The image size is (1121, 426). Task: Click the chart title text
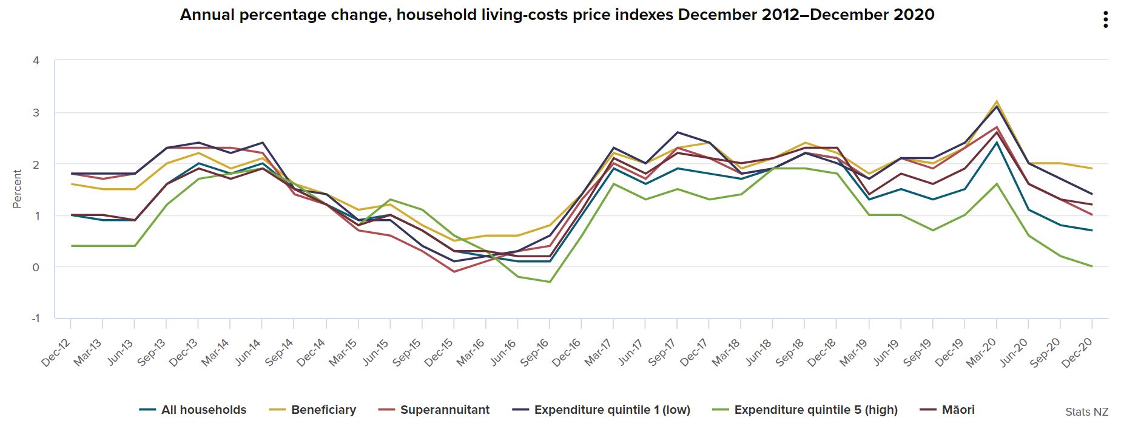[557, 15]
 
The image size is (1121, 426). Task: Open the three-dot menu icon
[1106, 20]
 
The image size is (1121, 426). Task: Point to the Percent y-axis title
[17, 189]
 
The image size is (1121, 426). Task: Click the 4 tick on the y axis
[36, 61]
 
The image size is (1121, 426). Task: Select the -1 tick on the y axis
[35, 319]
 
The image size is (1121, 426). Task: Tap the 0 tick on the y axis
[36, 267]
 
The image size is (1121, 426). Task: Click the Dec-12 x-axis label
[56, 353]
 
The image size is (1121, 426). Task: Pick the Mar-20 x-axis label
[981, 353]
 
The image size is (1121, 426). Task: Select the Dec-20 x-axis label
[1077, 353]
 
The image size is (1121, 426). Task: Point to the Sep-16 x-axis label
[534, 353]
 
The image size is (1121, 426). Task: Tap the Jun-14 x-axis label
[247, 353]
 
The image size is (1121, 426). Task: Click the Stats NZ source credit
[1086, 412]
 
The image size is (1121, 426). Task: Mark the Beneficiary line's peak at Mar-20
[997, 101]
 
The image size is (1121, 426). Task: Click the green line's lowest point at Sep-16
[550, 282]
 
